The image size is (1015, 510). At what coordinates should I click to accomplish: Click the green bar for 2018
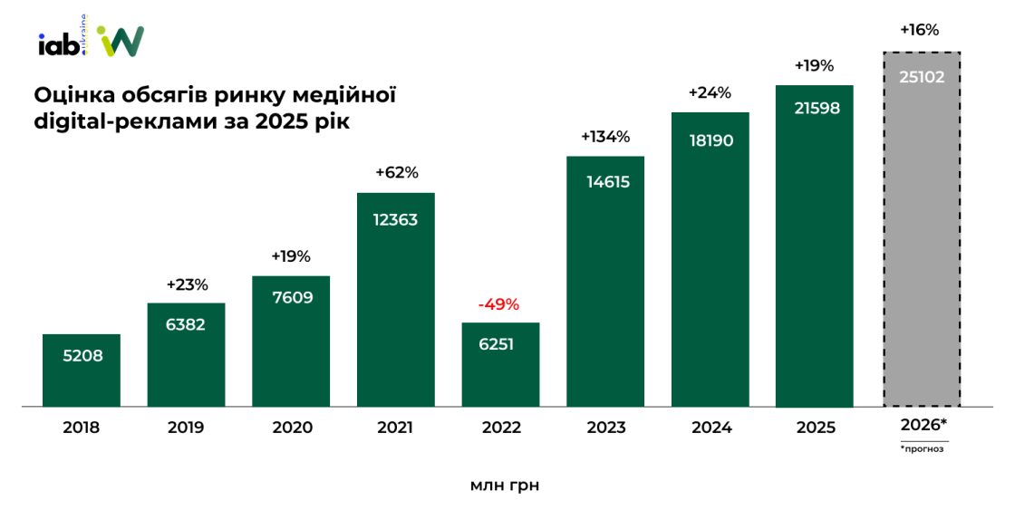pos(82,370)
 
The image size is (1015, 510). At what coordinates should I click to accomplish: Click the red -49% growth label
pos(499,304)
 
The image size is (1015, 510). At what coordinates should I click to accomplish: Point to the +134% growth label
pos(604,138)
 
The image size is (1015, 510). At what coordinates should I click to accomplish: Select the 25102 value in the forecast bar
pos(922,77)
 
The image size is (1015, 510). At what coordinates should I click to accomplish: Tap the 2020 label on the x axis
pos(291,428)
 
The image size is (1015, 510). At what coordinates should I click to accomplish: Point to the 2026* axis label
pos(923,425)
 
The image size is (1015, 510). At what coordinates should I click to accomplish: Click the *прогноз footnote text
pos(923,448)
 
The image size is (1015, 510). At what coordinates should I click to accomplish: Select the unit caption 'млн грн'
pos(505,486)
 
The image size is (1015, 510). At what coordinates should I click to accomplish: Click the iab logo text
pos(58,44)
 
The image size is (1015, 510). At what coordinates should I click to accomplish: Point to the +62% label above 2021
pos(396,173)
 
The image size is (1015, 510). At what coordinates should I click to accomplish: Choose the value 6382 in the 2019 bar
pos(186,324)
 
